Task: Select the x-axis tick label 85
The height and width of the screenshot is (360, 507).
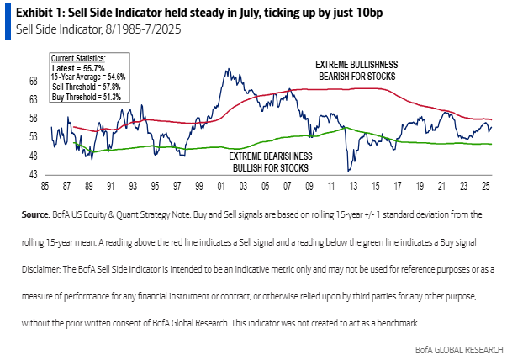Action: coord(50,185)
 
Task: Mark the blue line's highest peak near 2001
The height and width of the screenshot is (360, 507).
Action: coord(225,69)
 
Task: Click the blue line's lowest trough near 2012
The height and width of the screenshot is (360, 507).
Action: coord(348,171)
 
